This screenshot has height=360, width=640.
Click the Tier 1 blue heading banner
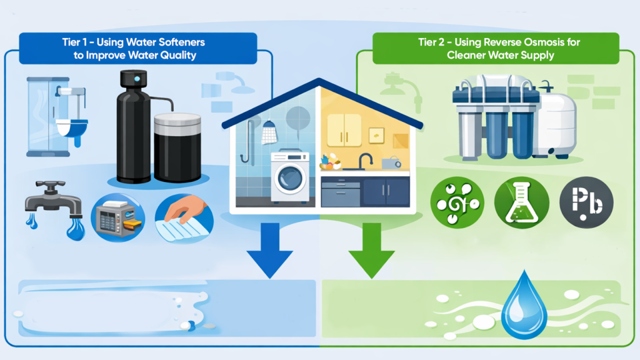coord(137,47)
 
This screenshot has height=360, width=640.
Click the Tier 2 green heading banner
coord(495,47)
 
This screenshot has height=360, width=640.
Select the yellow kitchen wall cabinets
coord(344,130)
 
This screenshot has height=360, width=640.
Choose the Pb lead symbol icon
coord(587,203)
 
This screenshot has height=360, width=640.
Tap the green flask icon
coord(521,203)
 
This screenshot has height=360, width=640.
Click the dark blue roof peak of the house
coord(319,84)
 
